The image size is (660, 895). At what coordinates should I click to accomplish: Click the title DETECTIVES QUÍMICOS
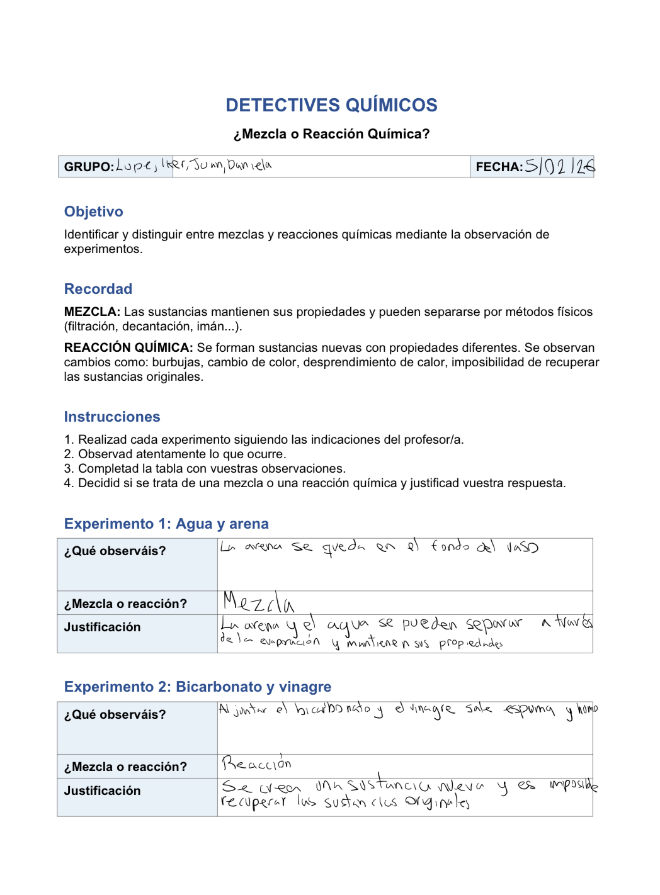tap(331, 105)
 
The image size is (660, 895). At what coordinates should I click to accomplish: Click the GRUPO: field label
tap(89, 167)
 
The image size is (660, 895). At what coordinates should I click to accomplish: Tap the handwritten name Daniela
tap(250, 165)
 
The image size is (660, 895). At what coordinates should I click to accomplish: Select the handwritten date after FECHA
tap(560, 166)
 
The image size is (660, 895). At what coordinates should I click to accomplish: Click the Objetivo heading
tap(94, 211)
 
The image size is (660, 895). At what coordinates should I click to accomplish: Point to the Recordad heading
tap(98, 289)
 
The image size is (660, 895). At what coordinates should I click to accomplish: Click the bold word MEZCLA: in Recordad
tap(92, 312)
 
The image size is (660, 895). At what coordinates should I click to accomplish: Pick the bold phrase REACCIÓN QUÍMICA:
tap(128, 347)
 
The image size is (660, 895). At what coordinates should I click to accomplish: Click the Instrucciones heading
tap(112, 417)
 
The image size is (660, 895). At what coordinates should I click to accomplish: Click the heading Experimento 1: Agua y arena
tap(166, 524)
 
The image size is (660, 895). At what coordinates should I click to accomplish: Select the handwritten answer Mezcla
tap(258, 602)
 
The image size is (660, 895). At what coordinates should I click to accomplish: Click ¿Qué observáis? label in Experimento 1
tap(115, 551)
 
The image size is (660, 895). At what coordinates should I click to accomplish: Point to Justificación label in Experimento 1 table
tap(102, 627)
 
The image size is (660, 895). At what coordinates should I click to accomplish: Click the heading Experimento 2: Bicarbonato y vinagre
tap(198, 687)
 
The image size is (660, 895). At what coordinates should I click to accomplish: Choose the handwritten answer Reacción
tap(256, 764)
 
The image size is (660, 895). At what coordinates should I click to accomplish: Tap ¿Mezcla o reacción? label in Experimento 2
tap(125, 767)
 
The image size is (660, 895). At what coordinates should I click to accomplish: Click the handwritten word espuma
tap(529, 710)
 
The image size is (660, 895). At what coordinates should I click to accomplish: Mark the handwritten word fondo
tap(450, 546)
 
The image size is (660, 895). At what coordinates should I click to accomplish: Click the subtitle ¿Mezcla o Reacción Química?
tap(331, 134)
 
